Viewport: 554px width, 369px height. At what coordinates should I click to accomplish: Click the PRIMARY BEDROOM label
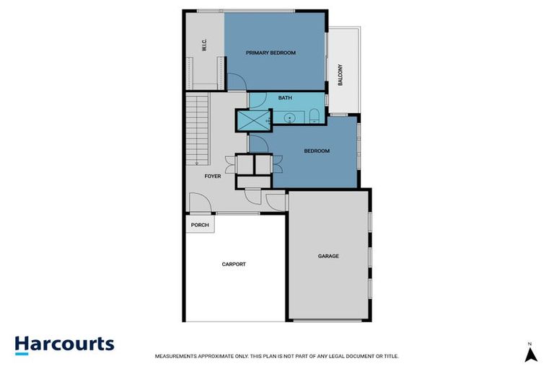point(271,53)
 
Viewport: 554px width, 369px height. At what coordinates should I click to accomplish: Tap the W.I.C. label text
point(205,45)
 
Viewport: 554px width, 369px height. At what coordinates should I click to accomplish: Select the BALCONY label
point(340,76)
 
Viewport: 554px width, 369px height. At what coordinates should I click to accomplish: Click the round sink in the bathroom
point(290,117)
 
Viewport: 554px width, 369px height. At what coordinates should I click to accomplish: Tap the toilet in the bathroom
point(316,117)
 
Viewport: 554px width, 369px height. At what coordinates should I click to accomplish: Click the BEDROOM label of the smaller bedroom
point(317,151)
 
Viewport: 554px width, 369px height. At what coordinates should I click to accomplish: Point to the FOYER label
point(213,176)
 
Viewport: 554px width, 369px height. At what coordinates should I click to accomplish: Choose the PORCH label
point(200,226)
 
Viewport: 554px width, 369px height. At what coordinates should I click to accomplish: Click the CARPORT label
point(234,264)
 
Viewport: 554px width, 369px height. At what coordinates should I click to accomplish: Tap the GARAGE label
point(328,256)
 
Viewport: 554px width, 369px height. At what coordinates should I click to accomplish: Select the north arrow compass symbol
point(530,353)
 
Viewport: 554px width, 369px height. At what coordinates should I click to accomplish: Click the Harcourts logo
point(64,344)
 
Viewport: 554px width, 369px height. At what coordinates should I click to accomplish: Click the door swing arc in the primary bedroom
point(235,82)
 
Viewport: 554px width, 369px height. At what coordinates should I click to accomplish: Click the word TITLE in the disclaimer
point(390,356)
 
